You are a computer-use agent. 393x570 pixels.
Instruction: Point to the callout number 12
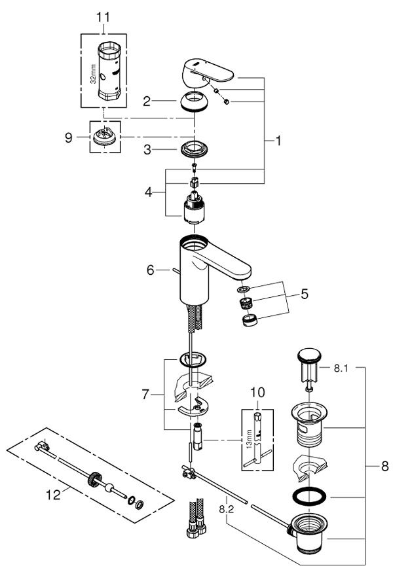(57, 495)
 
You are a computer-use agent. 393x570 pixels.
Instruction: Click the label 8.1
(340, 368)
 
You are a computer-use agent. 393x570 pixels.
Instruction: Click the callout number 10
(257, 394)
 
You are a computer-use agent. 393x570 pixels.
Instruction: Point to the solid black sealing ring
(307, 496)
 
